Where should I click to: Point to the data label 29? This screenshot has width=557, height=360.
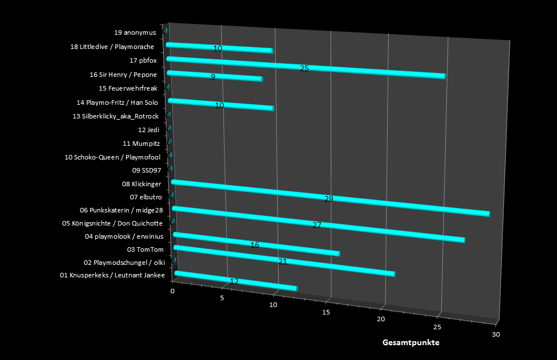click(x=328, y=199)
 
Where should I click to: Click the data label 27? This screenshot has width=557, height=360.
click(x=317, y=225)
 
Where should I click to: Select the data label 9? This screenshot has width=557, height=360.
click(x=213, y=76)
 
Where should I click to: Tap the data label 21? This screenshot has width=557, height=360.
click(x=282, y=261)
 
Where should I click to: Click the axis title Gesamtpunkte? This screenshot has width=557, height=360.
click(x=410, y=343)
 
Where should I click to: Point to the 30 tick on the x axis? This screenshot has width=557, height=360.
click(x=496, y=334)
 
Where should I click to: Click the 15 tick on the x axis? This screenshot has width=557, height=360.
click(x=326, y=312)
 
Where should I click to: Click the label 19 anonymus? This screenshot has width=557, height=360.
click(x=135, y=32)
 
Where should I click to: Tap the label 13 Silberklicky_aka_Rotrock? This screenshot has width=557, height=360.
click(x=116, y=116)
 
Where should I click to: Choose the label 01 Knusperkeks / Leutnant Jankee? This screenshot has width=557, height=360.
click(x=112, y=276)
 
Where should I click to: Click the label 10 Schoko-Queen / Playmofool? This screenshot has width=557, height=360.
click(x=112, y=157)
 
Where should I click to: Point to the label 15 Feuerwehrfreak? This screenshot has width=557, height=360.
click(x=128, y=88)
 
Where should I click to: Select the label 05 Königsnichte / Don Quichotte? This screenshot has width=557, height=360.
click(x=112, y=223)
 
